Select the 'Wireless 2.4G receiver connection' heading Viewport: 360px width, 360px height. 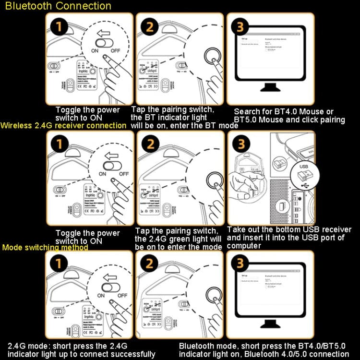click(x=64, y=126)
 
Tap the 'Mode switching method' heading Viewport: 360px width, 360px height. click(x=45, y=248)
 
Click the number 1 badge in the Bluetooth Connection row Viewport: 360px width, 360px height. click(x=59, y=26)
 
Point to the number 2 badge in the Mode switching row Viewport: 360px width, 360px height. click(x=149, y=264)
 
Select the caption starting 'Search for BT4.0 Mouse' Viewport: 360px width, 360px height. click(x=289, y=116)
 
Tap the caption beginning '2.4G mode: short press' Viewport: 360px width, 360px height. click(x=82, y=349)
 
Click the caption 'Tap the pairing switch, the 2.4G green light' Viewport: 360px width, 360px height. click(x=178, y=239)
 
